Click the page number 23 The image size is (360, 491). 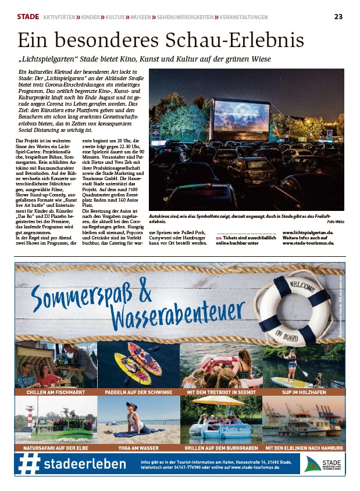338,16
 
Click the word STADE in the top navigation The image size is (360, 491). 28,16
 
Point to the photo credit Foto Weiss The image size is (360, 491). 336,221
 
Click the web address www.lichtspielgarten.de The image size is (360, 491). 316,232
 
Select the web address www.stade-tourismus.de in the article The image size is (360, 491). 316,243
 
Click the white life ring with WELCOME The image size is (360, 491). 294,308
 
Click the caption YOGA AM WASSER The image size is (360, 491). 138,449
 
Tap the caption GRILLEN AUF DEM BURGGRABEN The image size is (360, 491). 221,449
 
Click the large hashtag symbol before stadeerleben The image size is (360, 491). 30,464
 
